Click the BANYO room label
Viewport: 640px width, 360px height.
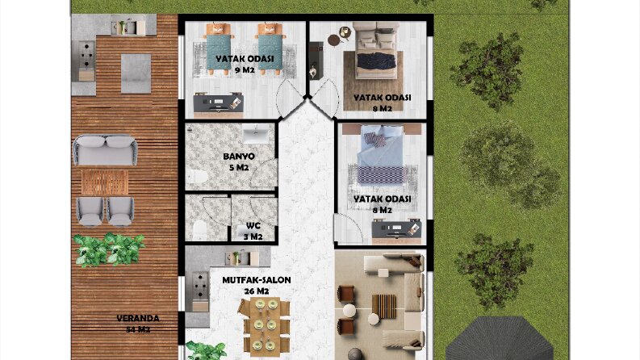click(239, 157)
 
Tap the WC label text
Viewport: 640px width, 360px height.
click(253, 226)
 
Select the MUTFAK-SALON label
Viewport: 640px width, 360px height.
click(257, 280)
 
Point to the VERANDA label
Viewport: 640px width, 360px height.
click(138, 318)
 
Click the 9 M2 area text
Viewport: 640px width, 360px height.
click(245, 70)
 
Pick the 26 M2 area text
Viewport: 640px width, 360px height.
click(257, 291)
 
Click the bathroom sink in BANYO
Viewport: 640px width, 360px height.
click(256, 135)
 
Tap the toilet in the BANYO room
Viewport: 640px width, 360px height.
click(198, 176)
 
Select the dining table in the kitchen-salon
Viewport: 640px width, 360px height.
click(265, 324)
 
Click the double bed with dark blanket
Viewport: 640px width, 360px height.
click(376, 51)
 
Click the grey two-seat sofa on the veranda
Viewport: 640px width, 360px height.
click(105, 150)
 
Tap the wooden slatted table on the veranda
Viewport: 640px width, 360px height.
click(105, 182)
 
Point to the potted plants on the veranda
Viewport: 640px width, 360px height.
click(109, 249)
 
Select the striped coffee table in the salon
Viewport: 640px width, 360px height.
click(383, 307)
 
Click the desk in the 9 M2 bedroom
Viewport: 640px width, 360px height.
click(219, 103)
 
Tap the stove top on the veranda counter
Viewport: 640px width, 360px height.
click(86, 56)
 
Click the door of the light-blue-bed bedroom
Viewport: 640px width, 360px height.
click(348, 228)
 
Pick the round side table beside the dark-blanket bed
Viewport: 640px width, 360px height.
click(334, 40)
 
